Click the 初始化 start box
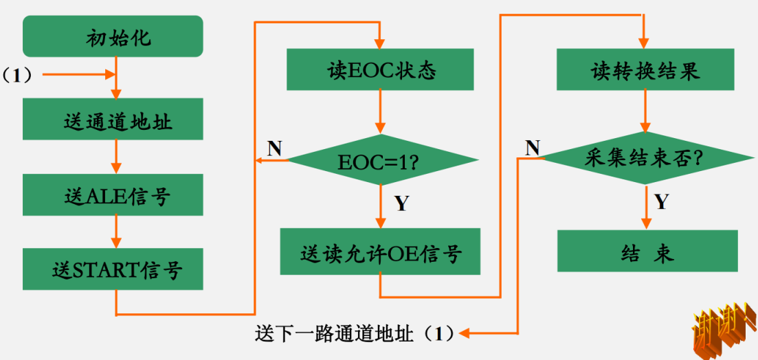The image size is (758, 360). point(113,36)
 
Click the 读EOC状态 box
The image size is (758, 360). point(380,69)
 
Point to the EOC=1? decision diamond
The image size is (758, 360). point(380,160)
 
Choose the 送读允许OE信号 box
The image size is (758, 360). point(380,252)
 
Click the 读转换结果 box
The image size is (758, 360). point(645,69)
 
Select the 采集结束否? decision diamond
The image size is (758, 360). point(645,158)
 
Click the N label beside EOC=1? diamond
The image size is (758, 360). point(274,148)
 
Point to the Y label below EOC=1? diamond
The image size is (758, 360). point(401,203)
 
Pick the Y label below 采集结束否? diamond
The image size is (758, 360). point(661,201)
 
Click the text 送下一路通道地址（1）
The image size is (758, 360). point(354,334)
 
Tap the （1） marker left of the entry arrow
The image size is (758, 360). point(17,75)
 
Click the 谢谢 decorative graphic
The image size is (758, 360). point(724,329)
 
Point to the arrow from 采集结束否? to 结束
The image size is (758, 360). point(646,207)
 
